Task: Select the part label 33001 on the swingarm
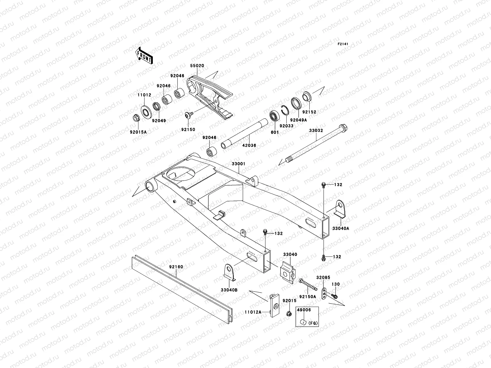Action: [238, 164]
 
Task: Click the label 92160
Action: [176, 267]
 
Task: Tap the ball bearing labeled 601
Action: [274, 117]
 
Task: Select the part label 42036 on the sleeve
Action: [249, 145]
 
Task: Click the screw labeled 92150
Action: [189, 115]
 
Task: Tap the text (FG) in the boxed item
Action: [312, 323]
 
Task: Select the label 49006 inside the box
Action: [304, 310]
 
